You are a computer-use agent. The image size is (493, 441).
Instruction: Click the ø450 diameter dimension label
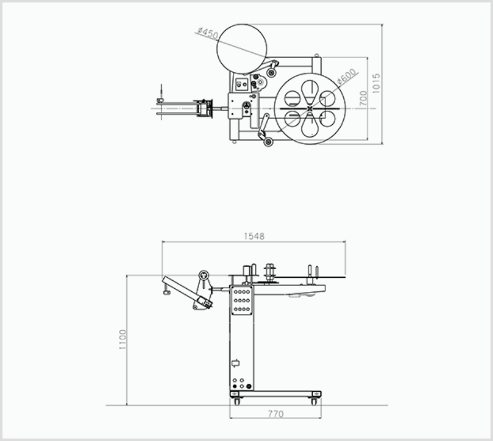tap(208, 33)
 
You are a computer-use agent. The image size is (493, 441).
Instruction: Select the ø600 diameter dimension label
tap(347, 76)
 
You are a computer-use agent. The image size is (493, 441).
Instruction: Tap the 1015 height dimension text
tap(376, 83)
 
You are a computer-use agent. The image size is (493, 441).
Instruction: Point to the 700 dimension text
tap(363, 99)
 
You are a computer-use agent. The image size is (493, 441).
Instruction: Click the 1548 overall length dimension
tap(254, 236)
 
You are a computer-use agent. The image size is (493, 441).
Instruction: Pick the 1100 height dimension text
tap(122, 339)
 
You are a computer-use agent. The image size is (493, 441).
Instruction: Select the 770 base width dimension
tap(275, 415)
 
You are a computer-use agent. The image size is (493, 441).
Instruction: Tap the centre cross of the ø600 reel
tap(310, 108)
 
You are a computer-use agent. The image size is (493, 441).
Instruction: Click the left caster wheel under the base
tap(237, 402)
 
